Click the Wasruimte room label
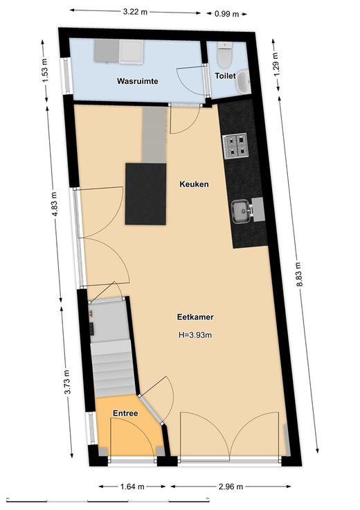point(138,81)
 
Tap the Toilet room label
point(225,76)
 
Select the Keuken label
point(194,184)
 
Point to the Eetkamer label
point(195,317)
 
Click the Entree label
point(125,413)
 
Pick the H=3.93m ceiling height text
point(195,335)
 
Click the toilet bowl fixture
point(224,53)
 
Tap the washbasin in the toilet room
point(243,82)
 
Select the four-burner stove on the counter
point(235,146)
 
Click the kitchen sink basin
point(241,212)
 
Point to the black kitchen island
point(146,194)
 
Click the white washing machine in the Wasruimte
point(132,51)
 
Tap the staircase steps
point(112,369)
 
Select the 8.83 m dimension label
point(299,274)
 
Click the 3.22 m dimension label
point(135,12)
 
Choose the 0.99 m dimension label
point(227,14)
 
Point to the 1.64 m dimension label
point(132,486)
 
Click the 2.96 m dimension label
point(231,486)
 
